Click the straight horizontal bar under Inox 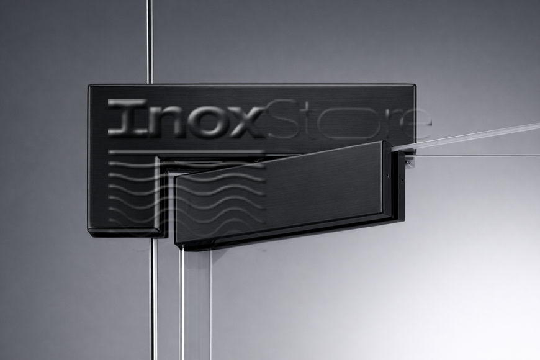coord(186,151)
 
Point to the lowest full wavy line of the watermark coord(186,219)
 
